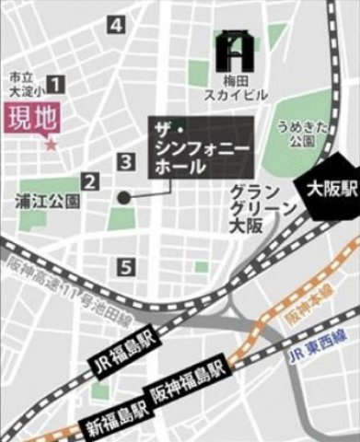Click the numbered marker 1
(55, 85)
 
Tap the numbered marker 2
(90, 182)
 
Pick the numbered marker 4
(116, 25)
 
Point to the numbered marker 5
(126, 267)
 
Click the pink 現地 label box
(29, 119)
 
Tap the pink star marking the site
(51, 145)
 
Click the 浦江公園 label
(47, 199)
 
